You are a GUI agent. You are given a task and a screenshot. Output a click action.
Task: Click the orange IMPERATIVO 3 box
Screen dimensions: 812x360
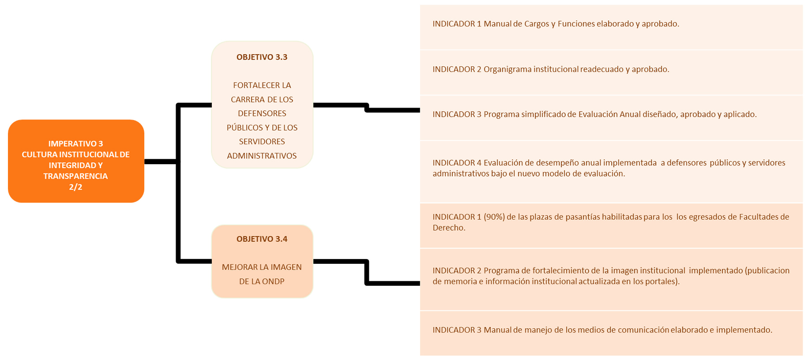coord(76,161)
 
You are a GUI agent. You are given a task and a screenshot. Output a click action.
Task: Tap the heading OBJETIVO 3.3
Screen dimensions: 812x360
coord(262,57)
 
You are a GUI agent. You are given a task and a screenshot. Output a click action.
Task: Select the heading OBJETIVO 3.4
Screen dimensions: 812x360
coord(262,239)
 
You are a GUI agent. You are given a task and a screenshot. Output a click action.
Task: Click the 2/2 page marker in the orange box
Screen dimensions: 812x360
coord(75,187)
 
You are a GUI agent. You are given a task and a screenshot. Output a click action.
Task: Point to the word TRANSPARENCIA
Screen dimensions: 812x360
coord(75,176)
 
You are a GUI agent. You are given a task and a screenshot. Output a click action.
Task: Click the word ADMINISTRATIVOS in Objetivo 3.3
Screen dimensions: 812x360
coord(262,156)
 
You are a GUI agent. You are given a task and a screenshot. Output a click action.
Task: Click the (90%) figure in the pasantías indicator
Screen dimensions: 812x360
coord(494,217)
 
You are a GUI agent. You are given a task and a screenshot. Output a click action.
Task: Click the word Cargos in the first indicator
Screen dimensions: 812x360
coord(537,24)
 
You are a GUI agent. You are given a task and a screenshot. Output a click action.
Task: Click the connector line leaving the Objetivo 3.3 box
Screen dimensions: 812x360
coord(366,107)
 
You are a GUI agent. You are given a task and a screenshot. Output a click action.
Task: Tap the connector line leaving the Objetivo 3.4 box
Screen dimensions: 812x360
coord(366,272)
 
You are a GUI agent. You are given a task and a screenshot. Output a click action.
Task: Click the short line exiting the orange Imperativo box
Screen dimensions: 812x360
coord(161,161)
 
